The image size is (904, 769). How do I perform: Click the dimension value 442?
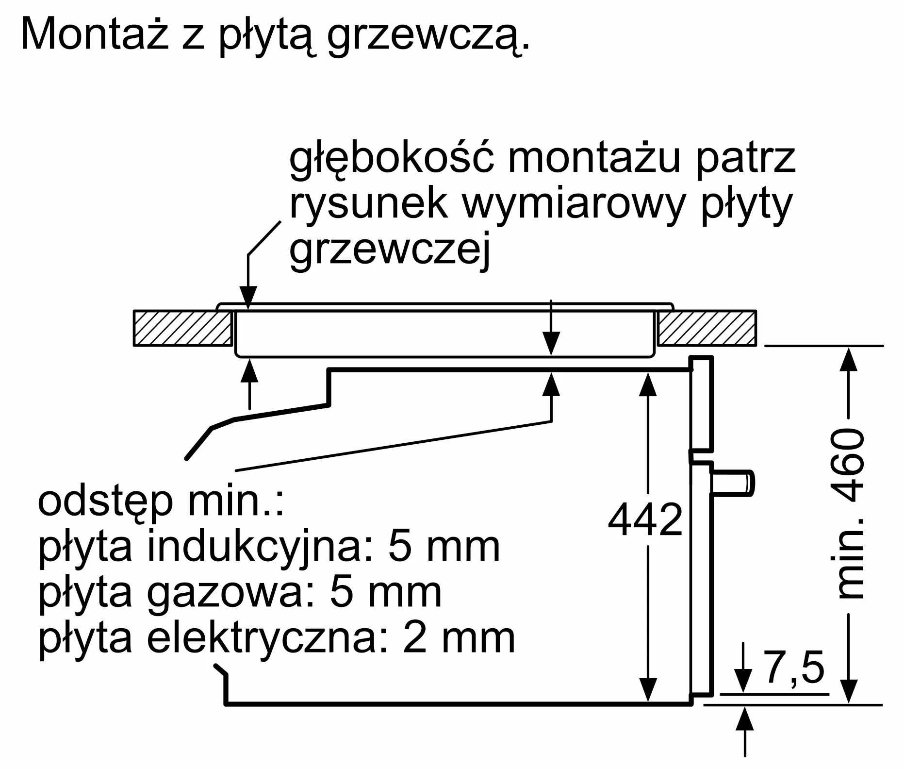pyautogui.click(x=645, y=519)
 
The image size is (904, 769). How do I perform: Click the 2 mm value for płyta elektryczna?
pyautogui.click(x=459, y=638)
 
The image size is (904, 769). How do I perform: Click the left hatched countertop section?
pyautogui.click(x=183, y=328)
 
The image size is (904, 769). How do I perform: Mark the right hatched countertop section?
pyautogui.click(x=707, y=328)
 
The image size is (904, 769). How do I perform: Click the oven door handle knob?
pyautogui.click(x=733, y=483)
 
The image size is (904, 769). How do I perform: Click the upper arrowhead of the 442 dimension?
pyautogui.click(x=648, y=385)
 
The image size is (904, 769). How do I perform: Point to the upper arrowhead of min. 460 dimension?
pyautogui.click(x=848, y=359)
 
